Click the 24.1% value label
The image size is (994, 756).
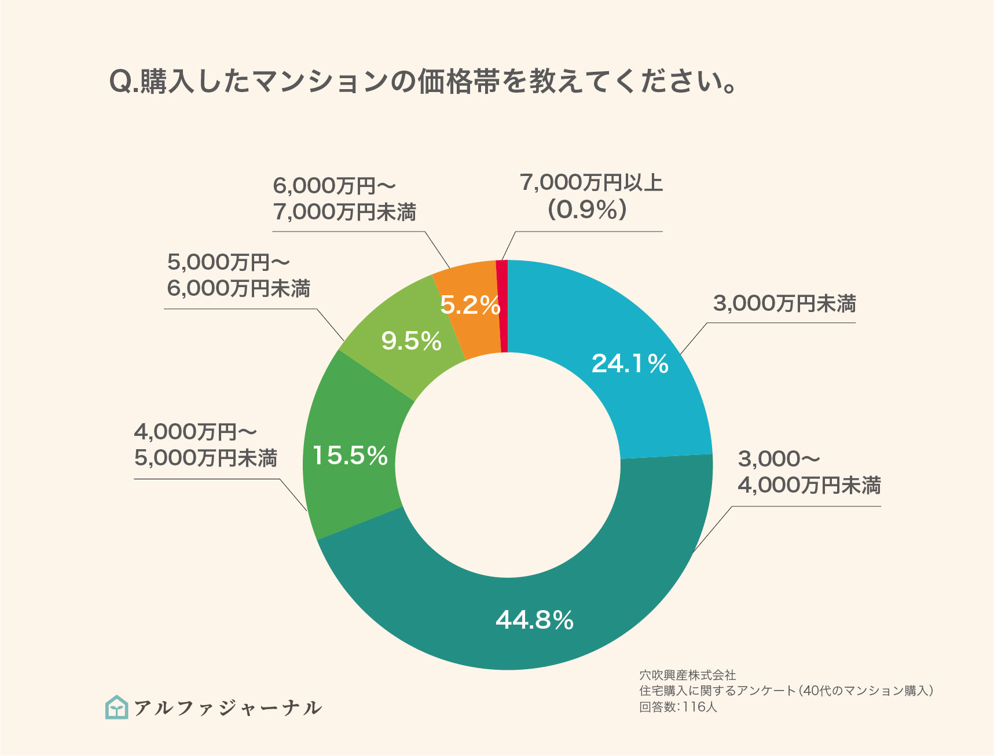click(x=630, y=364)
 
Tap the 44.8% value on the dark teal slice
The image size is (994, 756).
click(x=534, y=620)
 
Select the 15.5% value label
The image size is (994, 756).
click(x=350, y=456)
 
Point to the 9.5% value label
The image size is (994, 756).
click(x=411, y=341)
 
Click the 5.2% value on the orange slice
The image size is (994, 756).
click(x=470, y=305)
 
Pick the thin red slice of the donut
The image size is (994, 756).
click(x=502, y=307)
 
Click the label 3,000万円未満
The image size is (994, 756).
click(x=784, y=303)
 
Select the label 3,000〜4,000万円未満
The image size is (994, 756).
click(x=809, y=472)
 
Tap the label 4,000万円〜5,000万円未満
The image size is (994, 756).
click(x=206, y=445)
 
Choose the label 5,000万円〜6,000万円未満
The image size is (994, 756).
click(x=239, y=275)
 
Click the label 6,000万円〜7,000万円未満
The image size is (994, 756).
click(x=344, y=199)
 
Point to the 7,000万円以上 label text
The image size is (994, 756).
click(x=591, y=182)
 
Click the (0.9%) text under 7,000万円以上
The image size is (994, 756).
click(x=587, y=210)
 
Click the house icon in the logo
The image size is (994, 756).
click(x=117, y=707)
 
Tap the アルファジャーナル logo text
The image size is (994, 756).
click(x=228, y=708)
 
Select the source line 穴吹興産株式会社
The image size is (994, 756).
click(x=687, y=675)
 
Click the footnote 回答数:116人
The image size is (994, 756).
click(x=678, y=707)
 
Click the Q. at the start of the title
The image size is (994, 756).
click(x=123, y=82)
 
